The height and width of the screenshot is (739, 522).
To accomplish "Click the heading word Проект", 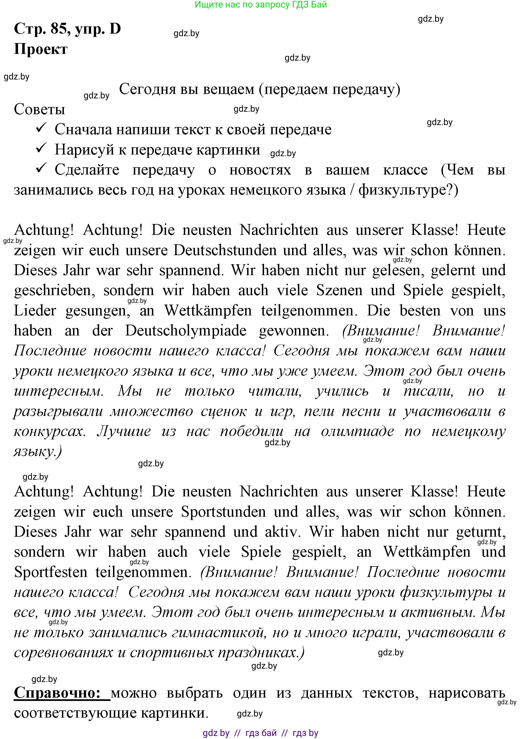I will coord(41,49).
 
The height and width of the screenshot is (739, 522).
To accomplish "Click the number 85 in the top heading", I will coord(59,29).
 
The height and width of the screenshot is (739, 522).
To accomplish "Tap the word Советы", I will coord(39,110).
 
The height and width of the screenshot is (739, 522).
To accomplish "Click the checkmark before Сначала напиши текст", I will coord(41,128).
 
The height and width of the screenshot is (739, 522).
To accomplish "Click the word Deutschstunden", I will coord(225,250).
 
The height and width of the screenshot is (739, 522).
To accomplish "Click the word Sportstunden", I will coord(223,512).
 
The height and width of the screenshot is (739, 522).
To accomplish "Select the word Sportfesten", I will coord(51,572).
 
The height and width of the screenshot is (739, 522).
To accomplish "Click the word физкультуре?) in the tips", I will coord(408,190).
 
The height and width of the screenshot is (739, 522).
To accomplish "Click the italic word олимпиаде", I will coord(357,432).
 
